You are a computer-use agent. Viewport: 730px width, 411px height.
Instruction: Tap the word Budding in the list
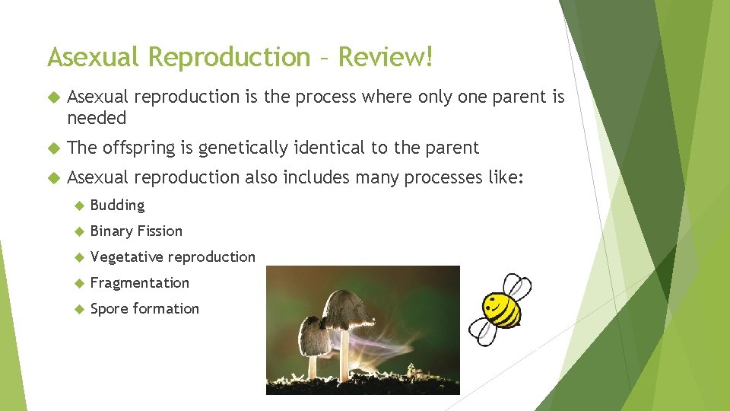click(117, 205)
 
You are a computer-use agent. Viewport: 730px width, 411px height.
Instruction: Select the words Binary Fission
click(136, 231)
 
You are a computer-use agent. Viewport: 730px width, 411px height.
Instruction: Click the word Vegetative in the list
click(126, 257)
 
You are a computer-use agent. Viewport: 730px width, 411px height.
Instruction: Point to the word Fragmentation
click(139, 283)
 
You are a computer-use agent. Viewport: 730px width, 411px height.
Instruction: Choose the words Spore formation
click(144, 309)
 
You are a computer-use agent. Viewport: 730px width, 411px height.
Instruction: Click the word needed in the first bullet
click(97, 119)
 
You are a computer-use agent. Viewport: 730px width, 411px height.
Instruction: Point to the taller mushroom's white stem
click(344, 354)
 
